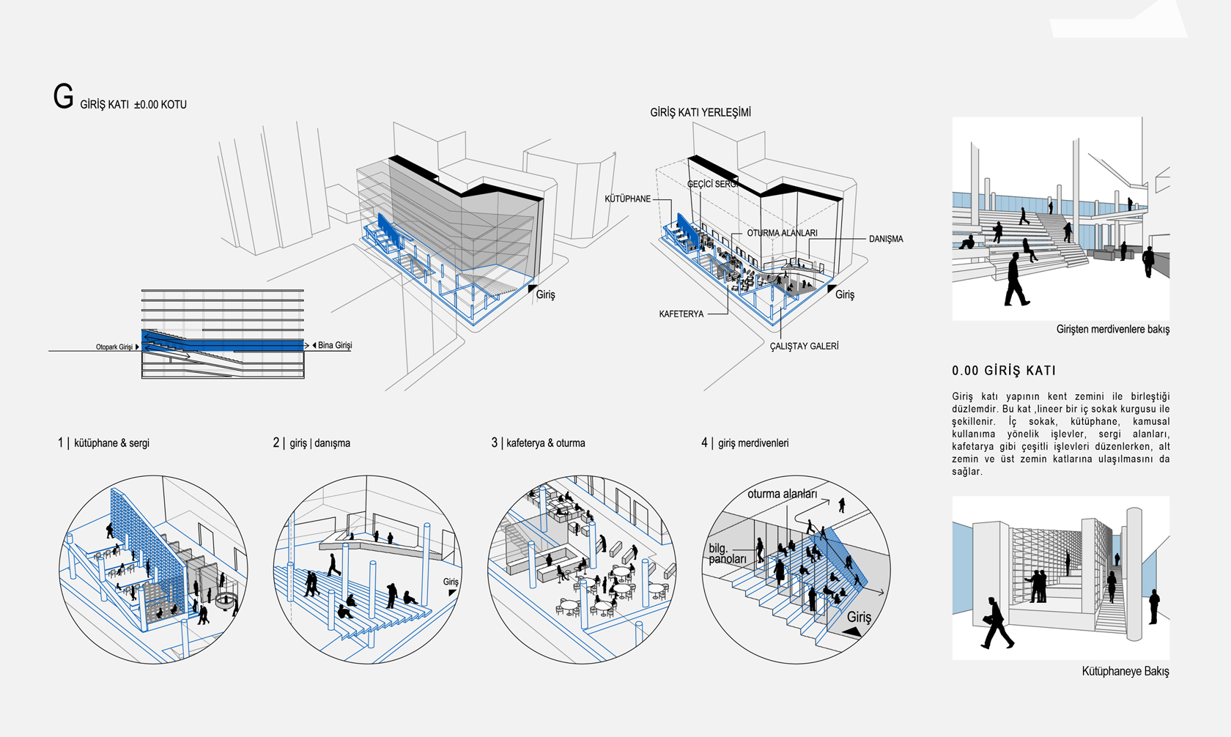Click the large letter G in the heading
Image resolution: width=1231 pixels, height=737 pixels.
(x=63, y=97)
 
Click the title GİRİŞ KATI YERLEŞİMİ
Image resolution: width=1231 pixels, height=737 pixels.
(x=700, y=113)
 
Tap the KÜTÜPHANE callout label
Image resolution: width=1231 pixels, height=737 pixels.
(x=627, y=199)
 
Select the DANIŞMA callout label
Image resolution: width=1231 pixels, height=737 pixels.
(x=885, y=239)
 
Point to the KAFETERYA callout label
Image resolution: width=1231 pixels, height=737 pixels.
(x=681, y=314)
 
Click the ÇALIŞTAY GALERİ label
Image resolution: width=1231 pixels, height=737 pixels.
(x=804, y=346)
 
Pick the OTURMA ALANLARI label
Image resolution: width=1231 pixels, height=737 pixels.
(x=782, y=233)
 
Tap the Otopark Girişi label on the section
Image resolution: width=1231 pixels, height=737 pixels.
(x=114, y=347)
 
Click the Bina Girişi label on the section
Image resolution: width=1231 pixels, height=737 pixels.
(x=335, y=345)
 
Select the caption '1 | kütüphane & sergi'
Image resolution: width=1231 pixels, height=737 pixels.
(x=103, y=443)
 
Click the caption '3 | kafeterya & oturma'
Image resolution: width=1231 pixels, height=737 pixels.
(x=538, y=443)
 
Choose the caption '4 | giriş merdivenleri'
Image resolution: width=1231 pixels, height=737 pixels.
(x=744, y=443)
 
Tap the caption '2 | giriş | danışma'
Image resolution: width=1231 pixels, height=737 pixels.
(x=311, y=443)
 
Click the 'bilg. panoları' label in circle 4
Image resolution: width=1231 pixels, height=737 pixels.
(x=727, y=554)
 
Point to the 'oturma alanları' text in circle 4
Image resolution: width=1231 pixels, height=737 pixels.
(x=782, y=494)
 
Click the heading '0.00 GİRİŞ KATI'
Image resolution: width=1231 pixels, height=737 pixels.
(x=1004, y=371)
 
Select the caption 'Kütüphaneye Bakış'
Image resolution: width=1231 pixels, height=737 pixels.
(x=1125, y=671)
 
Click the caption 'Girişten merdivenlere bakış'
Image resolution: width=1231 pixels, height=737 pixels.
(x=1112, y=330)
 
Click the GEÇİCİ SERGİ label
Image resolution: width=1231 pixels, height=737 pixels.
(x=711, y=184)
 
